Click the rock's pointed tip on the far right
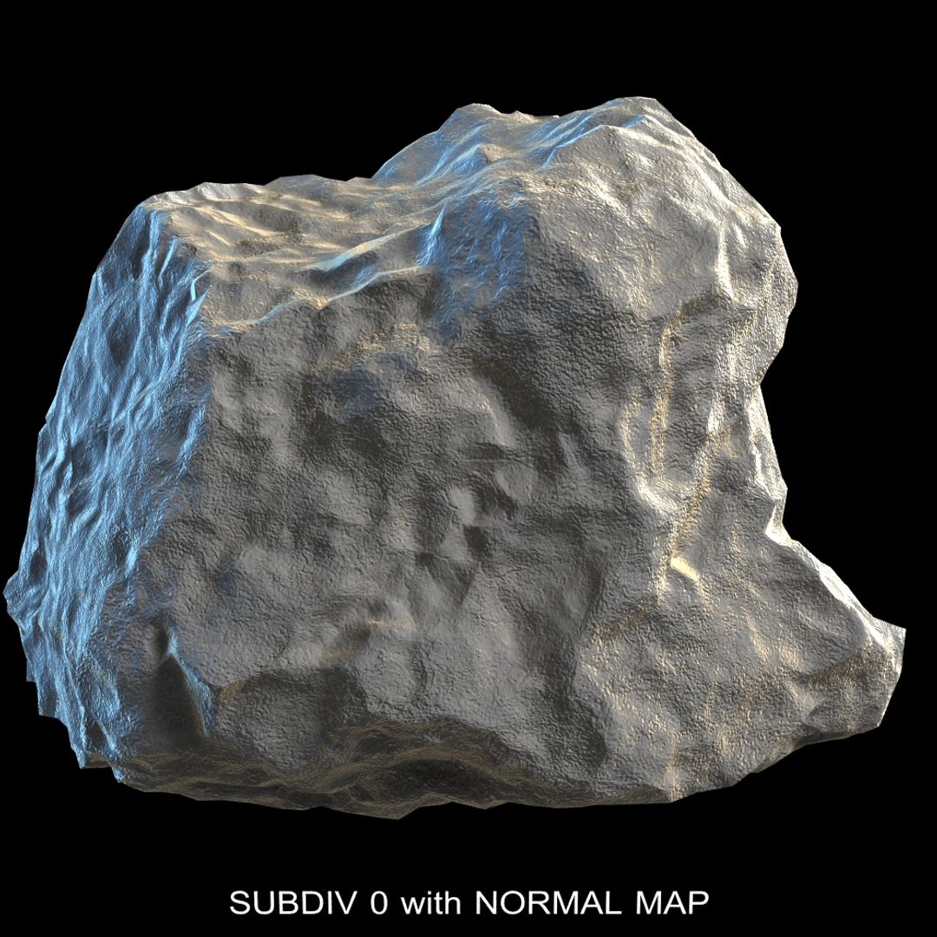tap(901, 632)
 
